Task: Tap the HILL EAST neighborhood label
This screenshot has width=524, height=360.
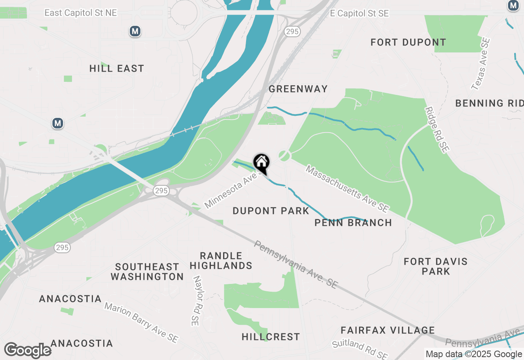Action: [x=117, y=68]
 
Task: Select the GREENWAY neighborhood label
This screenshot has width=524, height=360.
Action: [x=298, y=89]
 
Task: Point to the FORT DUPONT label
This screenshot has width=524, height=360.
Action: [x=408, y=42]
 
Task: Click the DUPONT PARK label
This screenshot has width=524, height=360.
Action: [x=271, y=211]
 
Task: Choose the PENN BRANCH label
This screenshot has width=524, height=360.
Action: [x=353, y=223]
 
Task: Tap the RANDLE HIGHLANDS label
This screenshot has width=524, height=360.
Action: [x=221, y=261]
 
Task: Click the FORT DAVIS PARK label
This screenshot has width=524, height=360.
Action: [x=436, y=266]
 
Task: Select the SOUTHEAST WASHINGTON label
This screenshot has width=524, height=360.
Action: [x=147, y=272]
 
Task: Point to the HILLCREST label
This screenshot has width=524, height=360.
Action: [x=271, y=337]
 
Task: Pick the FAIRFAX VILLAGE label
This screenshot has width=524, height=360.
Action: [x=388, y=330]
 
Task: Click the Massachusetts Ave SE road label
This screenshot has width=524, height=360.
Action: [x=347, y=189]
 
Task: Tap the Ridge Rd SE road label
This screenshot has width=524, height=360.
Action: [x=437, y=130]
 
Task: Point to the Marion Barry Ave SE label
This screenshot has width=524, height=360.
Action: [x=141, y=323]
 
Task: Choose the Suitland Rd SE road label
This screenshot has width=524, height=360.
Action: [x=360, y=349]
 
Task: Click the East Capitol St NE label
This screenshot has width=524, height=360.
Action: [x=81, y=13]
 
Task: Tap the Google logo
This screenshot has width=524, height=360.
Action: [x=28, y=350]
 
